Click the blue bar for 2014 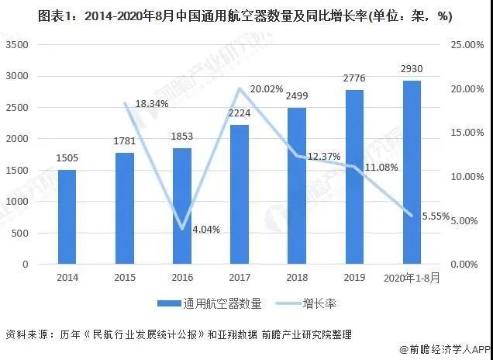[x=67, y=217]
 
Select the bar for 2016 [x=182, y=206]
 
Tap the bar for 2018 [x=297, y=186]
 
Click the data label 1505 [x=67, y=160]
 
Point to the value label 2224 [x=240, y=115]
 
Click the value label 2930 [x=412, y=71]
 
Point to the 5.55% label [x=436, y=217]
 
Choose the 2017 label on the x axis [x=240, y=277]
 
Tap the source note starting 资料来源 [x=178, y=335]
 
